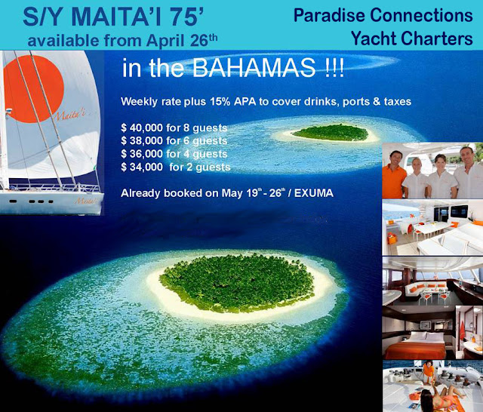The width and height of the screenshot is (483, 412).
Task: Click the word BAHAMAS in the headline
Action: pyautogui.click(x=254, y=67)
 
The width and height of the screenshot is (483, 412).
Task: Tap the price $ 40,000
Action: pyautogui.click(x=142, y=128)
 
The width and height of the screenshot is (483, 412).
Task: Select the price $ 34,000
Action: pyautogui.click(x=142, y=167)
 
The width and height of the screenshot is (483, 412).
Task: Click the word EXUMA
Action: pyautogui.click(x=314, y=193)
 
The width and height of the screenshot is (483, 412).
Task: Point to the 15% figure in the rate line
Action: pyautogui.click(x=220, y=101)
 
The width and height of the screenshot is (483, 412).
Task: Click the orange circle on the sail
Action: pyautogui.click(x=33, y=89)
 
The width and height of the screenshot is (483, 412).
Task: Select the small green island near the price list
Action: pyautogui.click(x=331, y=132)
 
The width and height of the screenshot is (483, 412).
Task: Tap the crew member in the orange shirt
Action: pyautogui.click(x=394, y=175)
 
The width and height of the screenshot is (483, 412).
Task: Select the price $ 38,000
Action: pyautogui.click(x=142, y=140)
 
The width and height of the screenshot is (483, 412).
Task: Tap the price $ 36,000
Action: pyautogui.click(x=142, y=154)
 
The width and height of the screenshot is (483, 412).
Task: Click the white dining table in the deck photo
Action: pyautogui.click(x=432, y=229)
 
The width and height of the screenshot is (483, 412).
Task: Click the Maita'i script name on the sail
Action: pyautogui.click(x=70, y=115)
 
